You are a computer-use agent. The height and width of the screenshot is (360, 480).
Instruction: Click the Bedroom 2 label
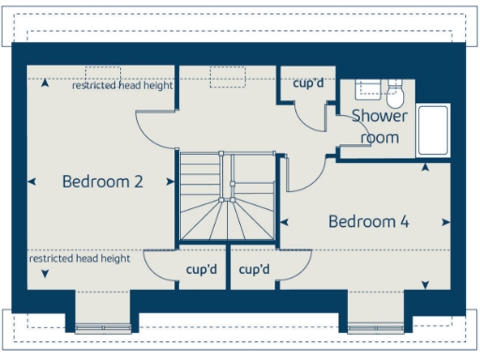click(102, 181)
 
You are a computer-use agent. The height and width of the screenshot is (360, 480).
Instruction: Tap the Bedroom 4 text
click(368, 221)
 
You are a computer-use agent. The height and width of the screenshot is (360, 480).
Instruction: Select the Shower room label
click(380, 127)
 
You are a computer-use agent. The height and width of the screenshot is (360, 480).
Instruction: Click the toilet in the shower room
click(395, 95)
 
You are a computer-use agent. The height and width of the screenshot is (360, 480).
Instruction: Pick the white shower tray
click(432, 131)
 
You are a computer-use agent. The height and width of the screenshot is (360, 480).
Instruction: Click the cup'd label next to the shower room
click(308, 82)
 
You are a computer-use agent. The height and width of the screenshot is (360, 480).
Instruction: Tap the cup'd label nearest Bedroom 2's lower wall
click(202, 270)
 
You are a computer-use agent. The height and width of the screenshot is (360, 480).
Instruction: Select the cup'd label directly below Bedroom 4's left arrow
click(254, 270)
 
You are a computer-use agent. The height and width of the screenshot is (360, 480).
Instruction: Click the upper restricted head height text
click(123, 85)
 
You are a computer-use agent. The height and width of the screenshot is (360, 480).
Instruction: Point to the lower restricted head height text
click(79, 258)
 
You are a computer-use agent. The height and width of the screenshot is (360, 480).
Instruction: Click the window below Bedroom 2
click(102, 328)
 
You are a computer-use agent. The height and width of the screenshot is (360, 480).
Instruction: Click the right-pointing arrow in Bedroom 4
click(445, 222)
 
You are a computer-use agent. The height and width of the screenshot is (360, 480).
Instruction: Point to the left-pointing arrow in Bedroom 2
click(33, 182)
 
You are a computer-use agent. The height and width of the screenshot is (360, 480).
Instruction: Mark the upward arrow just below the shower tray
click(425, 168)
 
